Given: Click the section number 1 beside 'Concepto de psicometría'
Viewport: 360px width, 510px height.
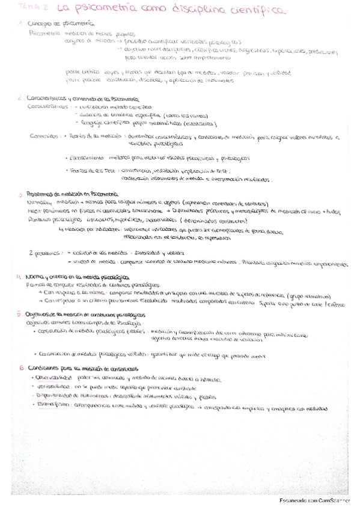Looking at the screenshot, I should (x=20, y=22).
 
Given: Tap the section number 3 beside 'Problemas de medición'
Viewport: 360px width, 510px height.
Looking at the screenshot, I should (x=20, y=194).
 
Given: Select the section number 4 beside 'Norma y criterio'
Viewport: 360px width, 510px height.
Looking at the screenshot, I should (x=20, y=276).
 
